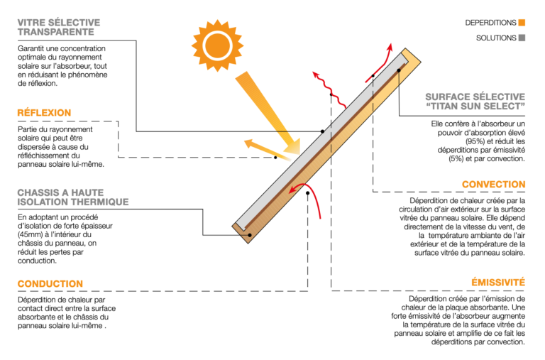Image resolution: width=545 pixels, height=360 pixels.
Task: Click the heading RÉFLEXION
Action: click(44, 113)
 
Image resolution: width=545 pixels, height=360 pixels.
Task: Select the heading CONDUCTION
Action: click(50, 284)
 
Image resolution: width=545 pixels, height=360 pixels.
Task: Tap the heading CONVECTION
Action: click(493, 185)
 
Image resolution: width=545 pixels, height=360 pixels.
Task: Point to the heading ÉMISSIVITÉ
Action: click(498, 283)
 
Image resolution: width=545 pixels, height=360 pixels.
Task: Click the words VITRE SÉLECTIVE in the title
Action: click(59, 23)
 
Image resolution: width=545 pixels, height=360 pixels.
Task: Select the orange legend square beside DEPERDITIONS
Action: click(522, 23)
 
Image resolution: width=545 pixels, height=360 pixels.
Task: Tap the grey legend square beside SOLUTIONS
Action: click(522, 38)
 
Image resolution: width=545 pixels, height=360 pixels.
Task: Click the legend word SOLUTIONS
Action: click(496, 38)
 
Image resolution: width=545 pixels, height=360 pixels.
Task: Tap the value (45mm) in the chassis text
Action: click(31, 234)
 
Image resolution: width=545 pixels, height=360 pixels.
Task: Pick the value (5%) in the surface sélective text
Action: click(458, 158)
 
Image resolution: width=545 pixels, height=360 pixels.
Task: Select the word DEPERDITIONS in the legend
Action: click(490, 23)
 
